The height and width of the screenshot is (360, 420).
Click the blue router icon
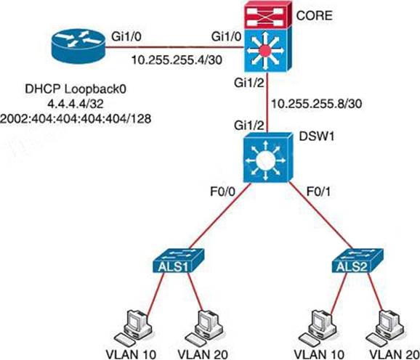coord(78,46)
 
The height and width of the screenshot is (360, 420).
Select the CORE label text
coord(314,16)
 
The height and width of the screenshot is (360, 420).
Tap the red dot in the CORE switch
coord(265,50)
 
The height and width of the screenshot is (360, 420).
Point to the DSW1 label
coord(317,136)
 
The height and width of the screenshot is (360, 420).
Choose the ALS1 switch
coord(177,261)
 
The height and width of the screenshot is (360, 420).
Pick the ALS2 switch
coord(357,261)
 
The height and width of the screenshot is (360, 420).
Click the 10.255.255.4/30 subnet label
coord(177,60)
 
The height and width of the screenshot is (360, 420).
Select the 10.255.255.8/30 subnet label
coord(317,103)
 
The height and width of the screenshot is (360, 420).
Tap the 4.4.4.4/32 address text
coord(76,104)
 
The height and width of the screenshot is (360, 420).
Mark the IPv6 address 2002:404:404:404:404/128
coord(76,118)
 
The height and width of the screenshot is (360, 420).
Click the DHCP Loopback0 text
coord(76,89)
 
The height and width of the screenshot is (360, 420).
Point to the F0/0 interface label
coord(222,192)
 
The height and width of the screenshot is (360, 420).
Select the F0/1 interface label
coord(318,192)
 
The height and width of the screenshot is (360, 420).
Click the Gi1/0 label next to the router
coord(126,36)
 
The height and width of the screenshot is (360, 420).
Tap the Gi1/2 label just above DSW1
coord(249,125)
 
